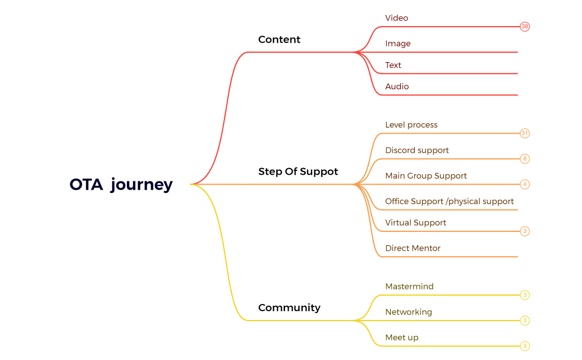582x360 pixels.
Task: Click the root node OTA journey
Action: [121, 184]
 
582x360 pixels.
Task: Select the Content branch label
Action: [279, 39]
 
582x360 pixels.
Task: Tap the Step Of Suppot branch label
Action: [298, 171]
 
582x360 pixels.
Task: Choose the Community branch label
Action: [289, 307]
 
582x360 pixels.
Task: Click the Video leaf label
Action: [396, 18]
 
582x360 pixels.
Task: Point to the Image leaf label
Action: [397, 43]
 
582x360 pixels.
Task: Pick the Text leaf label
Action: [393, 65]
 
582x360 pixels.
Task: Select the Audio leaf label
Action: [397, 87]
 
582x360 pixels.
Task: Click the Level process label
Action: [411, 125]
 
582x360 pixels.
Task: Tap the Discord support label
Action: [417, 150]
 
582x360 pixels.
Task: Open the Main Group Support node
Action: [426, 176]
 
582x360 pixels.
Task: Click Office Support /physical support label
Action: [449, 201]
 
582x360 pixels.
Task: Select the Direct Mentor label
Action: [412, 248]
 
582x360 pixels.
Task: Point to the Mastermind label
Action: [409, 286]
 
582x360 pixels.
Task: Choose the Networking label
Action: [409, 312]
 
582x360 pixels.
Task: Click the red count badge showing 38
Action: [524, 27]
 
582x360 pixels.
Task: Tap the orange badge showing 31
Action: [524, 133]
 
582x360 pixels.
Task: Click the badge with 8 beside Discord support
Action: [524, 159]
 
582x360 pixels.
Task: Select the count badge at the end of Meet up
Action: [524, 346]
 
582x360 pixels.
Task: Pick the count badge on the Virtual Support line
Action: [524, 231]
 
